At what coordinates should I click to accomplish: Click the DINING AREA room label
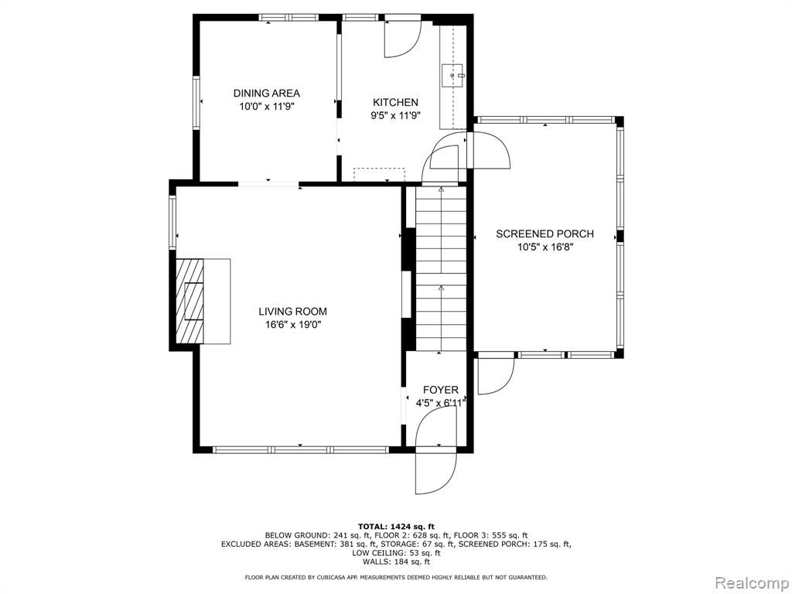point(266,94)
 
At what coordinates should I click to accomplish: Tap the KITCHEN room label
point(395,103)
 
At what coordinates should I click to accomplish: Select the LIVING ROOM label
point(293,312)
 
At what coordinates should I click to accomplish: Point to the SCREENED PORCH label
point(544,234)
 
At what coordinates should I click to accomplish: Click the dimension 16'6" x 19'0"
point(293,325)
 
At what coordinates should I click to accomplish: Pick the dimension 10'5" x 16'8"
point(545,247)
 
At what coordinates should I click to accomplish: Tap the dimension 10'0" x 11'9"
point(266,107)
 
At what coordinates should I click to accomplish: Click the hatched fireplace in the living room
point(189,302)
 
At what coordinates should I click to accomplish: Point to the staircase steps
point(441,268)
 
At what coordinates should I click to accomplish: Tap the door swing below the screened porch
point(496,377)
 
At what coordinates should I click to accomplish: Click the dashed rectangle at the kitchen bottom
point(379,174)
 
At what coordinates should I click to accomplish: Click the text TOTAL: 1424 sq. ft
point(396,526)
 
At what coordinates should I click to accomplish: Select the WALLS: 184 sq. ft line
point(396,562)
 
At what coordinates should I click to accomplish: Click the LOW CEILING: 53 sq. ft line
point(396,553)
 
